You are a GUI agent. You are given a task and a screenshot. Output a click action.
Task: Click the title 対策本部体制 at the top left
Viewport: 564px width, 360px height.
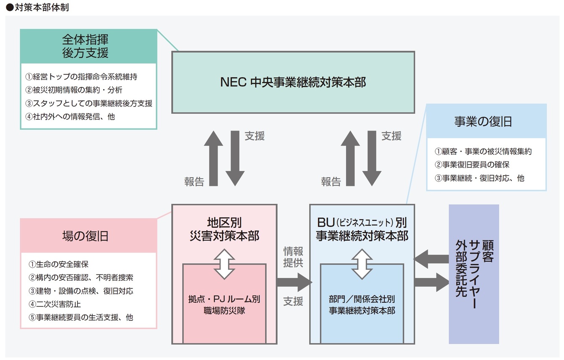pyautogui.click(x=37, y=8)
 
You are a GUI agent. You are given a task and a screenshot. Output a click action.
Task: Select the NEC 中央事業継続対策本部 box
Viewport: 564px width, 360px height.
pyautogui.click(x=293, y=83)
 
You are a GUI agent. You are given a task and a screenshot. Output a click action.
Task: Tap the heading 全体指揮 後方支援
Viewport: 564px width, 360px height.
pyautogui.click(x=88, y=46)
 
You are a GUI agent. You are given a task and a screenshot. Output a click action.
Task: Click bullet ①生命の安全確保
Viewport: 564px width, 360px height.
pyautogui.click(x=59, y=264)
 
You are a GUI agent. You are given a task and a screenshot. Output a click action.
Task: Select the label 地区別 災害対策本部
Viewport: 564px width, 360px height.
pyautogui.click(x=224, y=229)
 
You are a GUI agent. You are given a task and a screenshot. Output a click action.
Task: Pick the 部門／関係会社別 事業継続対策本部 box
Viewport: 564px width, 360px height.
pyautogui.click(x=362, y=305)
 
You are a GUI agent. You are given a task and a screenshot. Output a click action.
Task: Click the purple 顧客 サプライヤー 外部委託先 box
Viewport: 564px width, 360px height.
pyautogui.click(x=474, y=274)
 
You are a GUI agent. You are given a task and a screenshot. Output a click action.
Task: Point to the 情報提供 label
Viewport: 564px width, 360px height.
pyautogui.click(x=293, y=257)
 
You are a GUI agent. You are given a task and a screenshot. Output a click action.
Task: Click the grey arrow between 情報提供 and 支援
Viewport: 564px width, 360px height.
pyautogui.click(x=294, y=282)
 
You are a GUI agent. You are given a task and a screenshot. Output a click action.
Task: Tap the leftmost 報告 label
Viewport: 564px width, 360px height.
pyautogui.click(x=194, y=181)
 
